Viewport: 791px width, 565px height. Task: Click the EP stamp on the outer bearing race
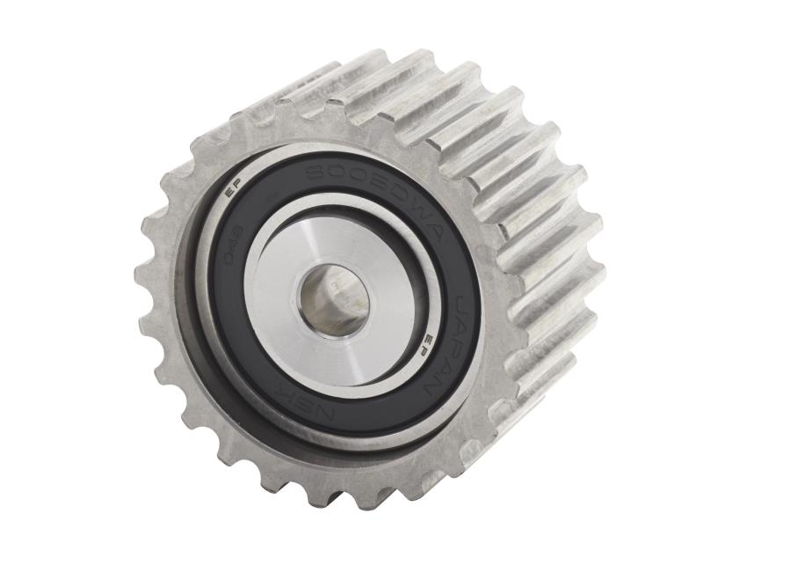(233, 187)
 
